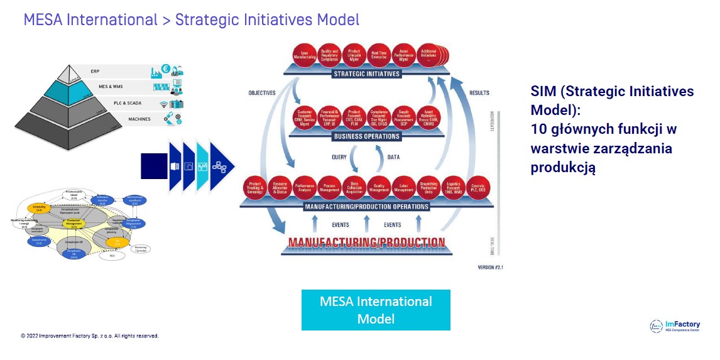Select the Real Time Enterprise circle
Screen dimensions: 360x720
378,55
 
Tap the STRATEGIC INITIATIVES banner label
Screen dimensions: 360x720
366,74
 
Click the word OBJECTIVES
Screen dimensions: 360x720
262,93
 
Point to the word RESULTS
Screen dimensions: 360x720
479,93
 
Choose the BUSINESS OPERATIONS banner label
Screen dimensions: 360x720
366,136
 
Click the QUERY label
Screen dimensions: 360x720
339,157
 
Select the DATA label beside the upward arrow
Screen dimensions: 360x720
393,157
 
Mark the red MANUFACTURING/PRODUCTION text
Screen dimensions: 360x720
366,242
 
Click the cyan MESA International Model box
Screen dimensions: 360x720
376,310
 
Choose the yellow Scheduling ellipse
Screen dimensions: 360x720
38,208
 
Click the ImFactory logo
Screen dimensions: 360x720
675,326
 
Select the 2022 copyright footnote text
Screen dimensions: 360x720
90,335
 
